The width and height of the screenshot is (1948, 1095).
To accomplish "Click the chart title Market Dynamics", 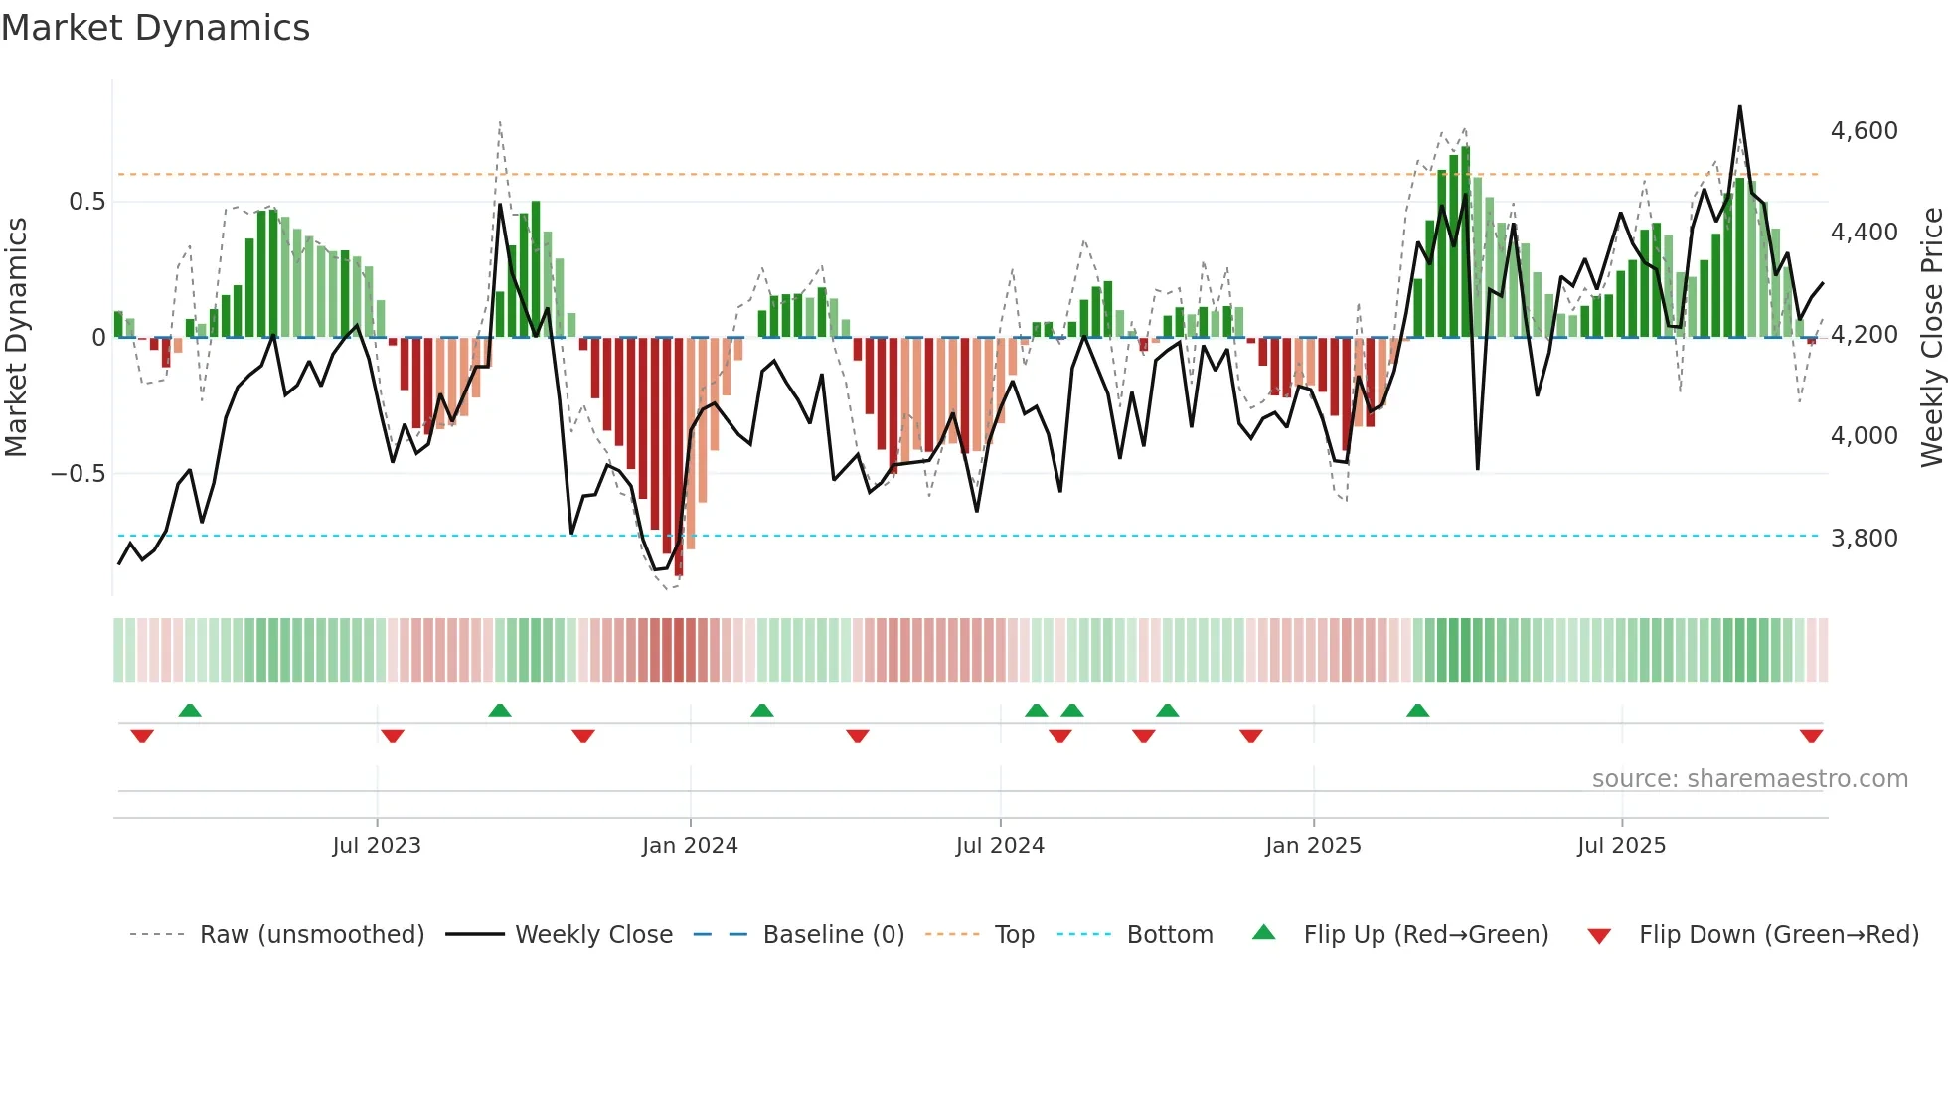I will [155, 28].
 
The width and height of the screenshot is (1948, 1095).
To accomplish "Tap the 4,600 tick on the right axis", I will [1864, 131].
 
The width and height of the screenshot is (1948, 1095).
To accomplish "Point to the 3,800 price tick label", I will [1864, 539].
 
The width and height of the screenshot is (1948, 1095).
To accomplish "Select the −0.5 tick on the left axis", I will [78, 474].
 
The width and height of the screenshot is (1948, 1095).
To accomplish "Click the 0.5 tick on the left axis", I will [86, 202].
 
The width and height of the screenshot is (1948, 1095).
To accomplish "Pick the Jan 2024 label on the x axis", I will [690, 846].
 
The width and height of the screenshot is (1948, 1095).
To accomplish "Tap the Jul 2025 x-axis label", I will [1621, 846].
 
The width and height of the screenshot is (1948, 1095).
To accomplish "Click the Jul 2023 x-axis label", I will [377, 846].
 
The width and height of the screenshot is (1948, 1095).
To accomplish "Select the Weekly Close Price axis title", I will [1931, 338].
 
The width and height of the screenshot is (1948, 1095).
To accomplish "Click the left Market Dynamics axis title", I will [16, 338].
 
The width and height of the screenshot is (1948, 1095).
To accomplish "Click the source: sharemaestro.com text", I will [1749, 779].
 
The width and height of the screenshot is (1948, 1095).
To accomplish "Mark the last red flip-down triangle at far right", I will [1811, 736].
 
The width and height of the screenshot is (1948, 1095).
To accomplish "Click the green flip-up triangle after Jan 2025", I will [1418, 710].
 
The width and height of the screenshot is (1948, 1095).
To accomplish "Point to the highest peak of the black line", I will [1739, 107].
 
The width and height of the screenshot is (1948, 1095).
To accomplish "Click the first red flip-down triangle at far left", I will [142, 736].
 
